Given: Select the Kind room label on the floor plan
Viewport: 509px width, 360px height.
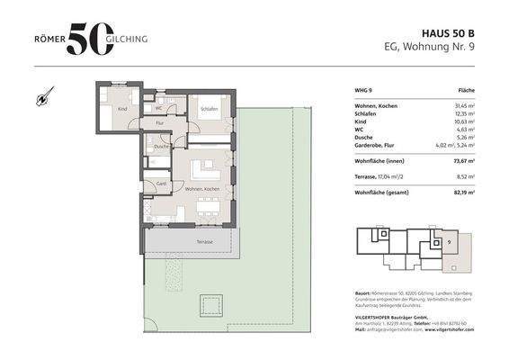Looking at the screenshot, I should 122,109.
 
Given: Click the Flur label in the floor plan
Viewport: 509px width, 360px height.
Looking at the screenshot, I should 159,122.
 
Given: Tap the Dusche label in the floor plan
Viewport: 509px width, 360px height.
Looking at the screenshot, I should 161,146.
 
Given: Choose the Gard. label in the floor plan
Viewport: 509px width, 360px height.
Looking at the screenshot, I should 161,183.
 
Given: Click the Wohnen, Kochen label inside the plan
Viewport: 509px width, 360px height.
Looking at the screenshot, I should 201,189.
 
